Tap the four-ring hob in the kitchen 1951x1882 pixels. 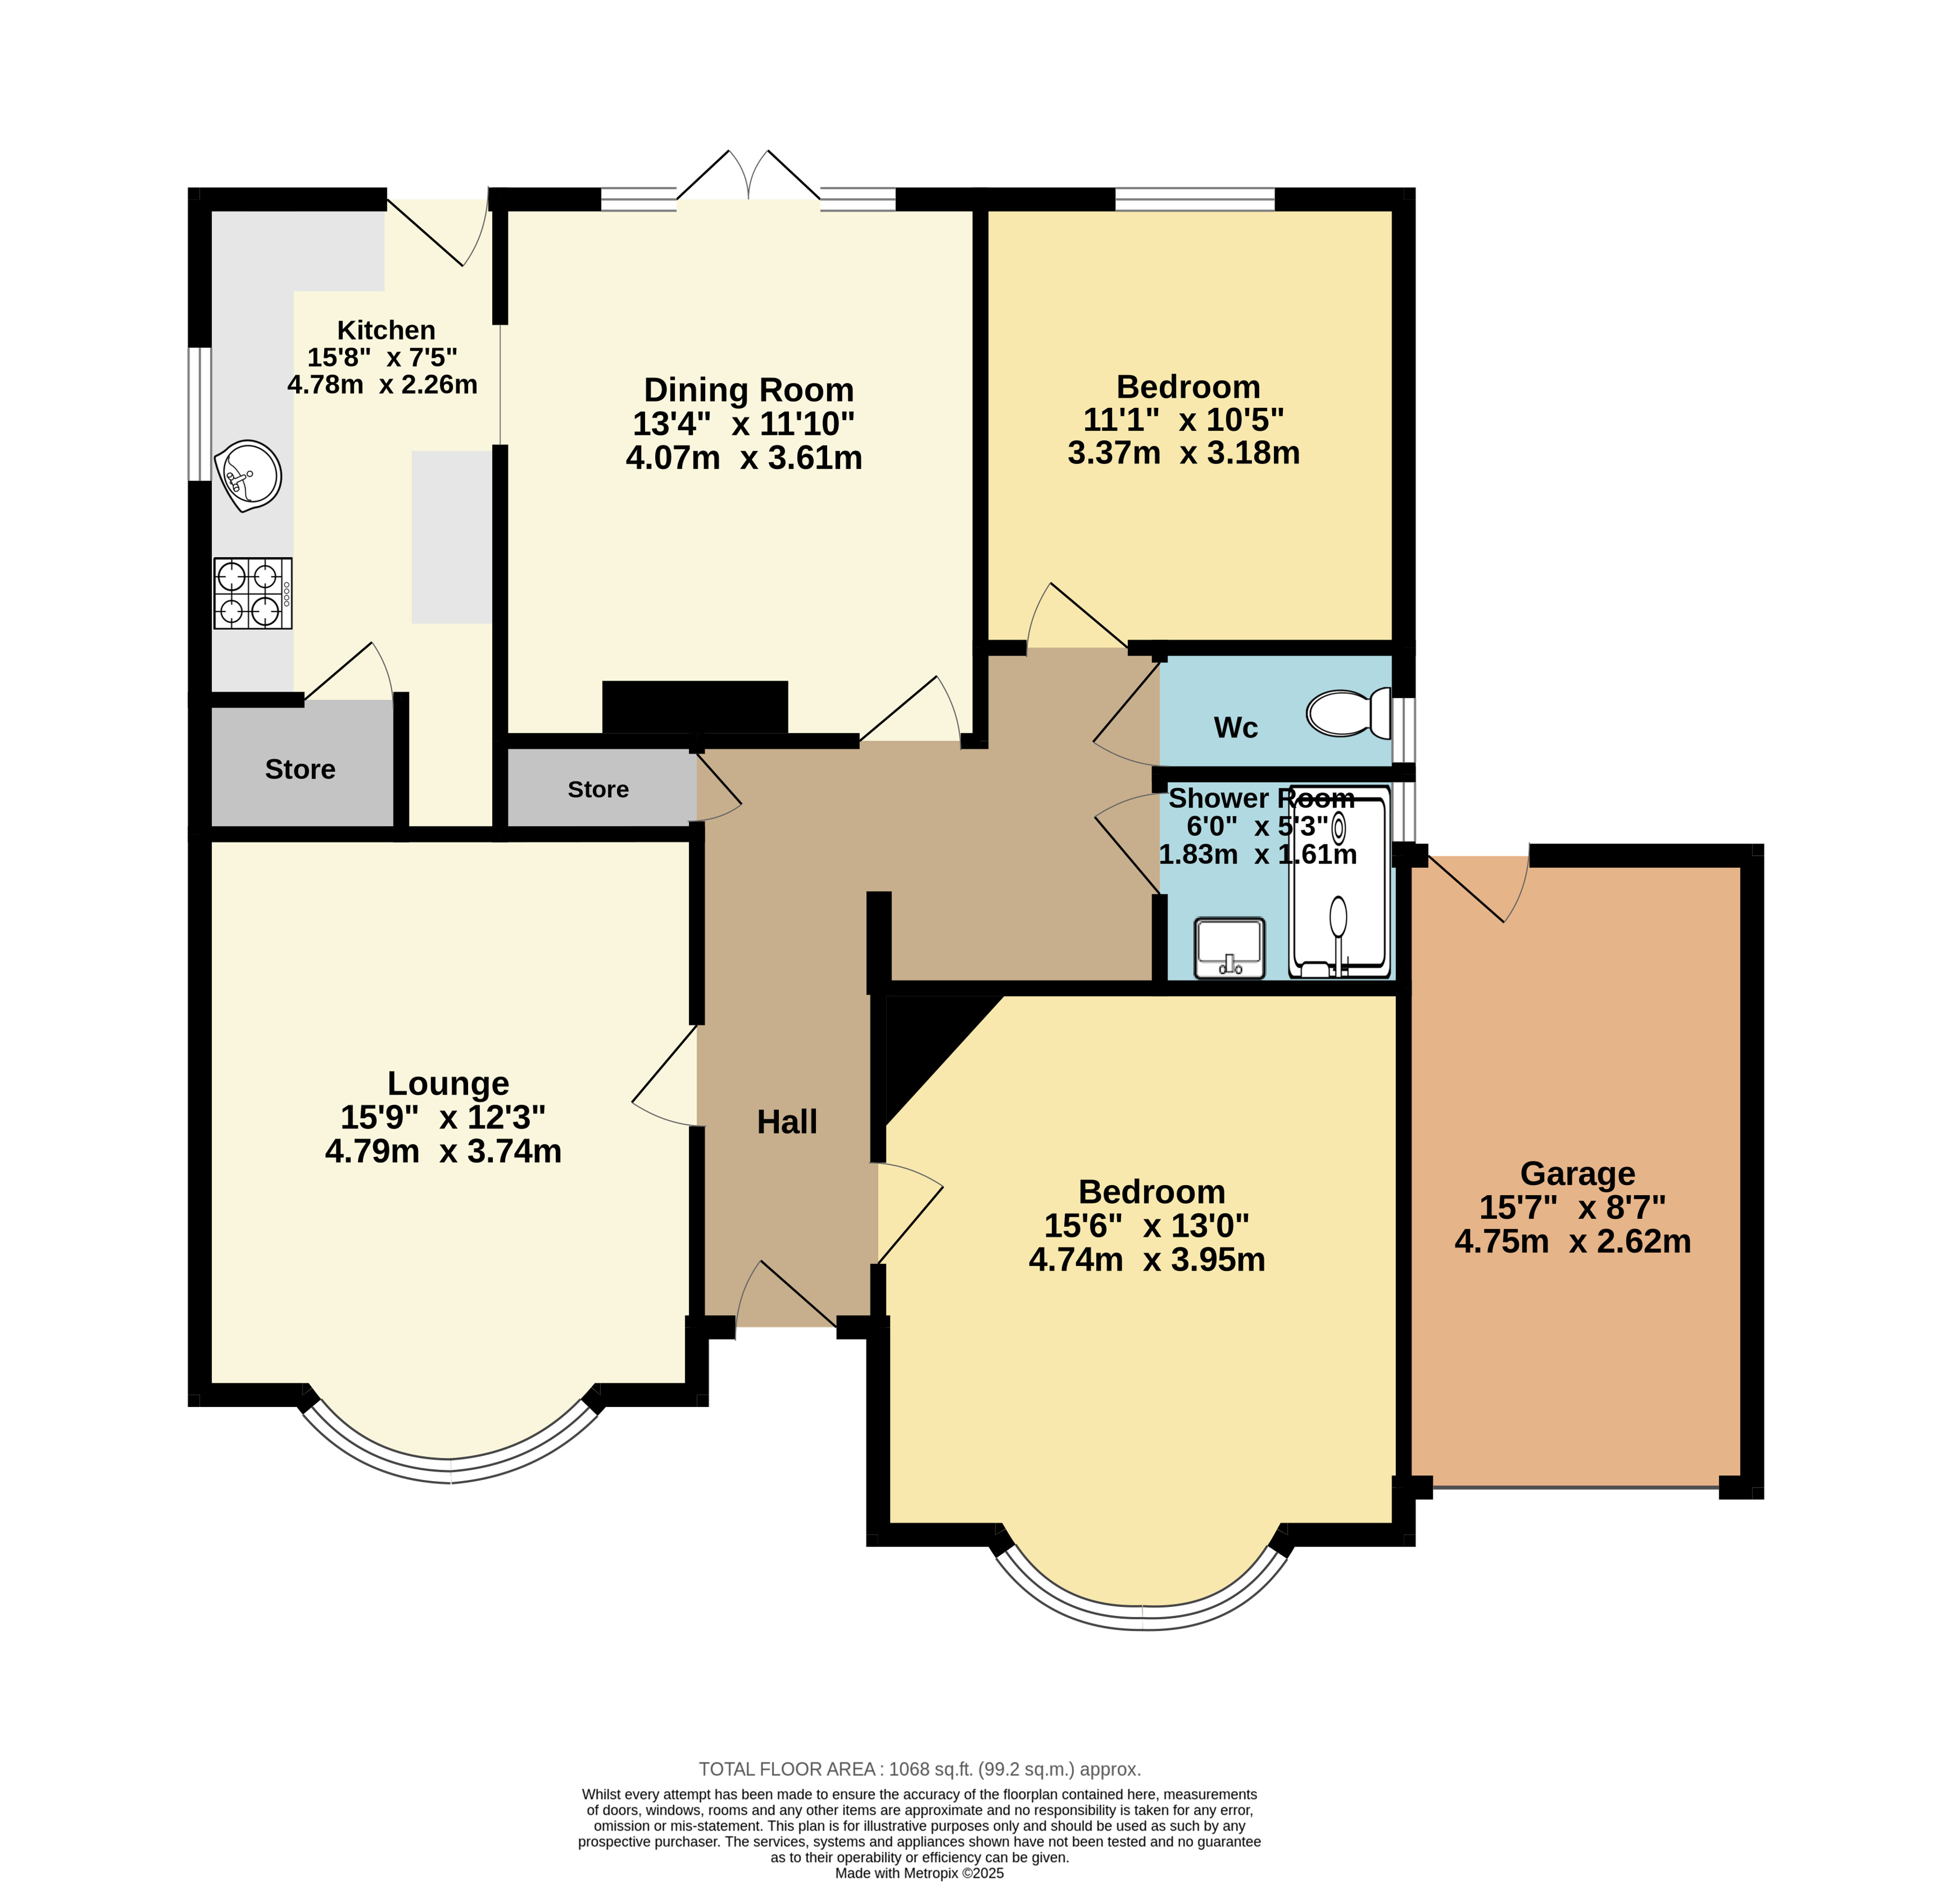[253, 593]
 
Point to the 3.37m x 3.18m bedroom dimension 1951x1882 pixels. [1183, 453]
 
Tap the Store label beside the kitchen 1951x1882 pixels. [299, 770]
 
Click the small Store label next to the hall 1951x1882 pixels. [598, 789]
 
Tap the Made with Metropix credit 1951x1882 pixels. [920, 1873]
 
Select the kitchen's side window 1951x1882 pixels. [200, 413]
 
